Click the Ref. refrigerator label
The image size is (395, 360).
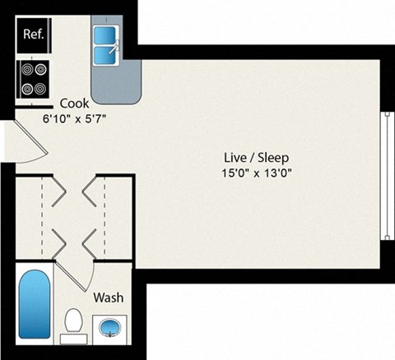coord(34,35)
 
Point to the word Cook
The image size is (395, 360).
coord(76,104)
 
